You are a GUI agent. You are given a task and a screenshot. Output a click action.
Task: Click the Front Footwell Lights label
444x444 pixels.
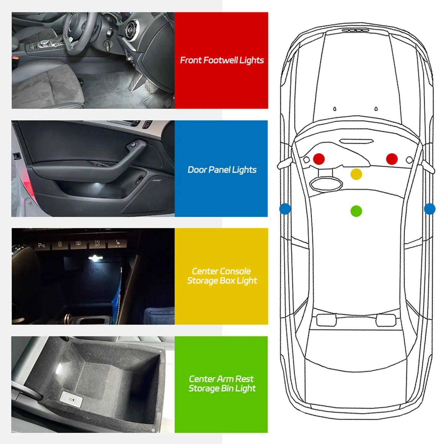click(x=222, y=60)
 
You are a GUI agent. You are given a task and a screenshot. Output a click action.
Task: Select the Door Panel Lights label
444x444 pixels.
click(x=222, y=170)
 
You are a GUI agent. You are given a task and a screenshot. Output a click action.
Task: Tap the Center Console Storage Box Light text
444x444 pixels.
click(x=222, y=276)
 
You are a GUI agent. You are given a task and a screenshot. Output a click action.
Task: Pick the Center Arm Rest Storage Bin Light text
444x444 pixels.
click(x=222, y=383)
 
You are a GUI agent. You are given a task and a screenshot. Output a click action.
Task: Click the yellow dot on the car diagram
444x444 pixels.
click(x=356, y=174)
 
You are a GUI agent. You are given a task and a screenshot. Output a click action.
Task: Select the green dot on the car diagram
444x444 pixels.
click(x=356, y=211)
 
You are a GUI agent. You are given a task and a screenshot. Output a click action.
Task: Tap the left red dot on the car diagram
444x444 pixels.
click(x=319, y=159)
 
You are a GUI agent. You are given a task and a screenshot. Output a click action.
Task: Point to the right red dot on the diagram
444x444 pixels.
click(x=391, y=159)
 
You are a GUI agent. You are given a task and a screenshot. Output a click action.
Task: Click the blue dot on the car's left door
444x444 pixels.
click(x=285, y=209)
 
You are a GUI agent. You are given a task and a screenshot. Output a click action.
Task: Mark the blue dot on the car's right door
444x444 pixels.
click(x=429, y=209)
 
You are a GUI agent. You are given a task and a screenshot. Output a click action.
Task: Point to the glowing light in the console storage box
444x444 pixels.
click(x=95, y=258)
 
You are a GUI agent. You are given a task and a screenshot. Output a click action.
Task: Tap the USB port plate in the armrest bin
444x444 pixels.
click(x=71, y=400)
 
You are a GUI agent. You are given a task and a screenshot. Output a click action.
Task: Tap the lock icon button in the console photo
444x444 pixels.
click(x=60, y=244)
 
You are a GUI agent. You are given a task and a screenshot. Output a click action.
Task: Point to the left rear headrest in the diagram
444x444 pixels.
click(x=326, y=320)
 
